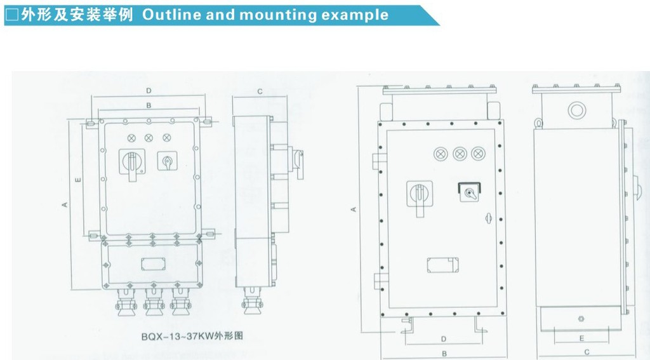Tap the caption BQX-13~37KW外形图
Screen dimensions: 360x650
tap(192, 337)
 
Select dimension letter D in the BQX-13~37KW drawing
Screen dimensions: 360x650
tap(149, 90)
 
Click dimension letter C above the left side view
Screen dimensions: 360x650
tap(260, 91)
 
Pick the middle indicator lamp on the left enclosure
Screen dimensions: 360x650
tap(149, 138)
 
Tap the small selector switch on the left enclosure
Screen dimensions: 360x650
tap(168, 161)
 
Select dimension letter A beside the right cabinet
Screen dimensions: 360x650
tap(354, 209)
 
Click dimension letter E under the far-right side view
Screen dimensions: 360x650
tap(582, 338)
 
